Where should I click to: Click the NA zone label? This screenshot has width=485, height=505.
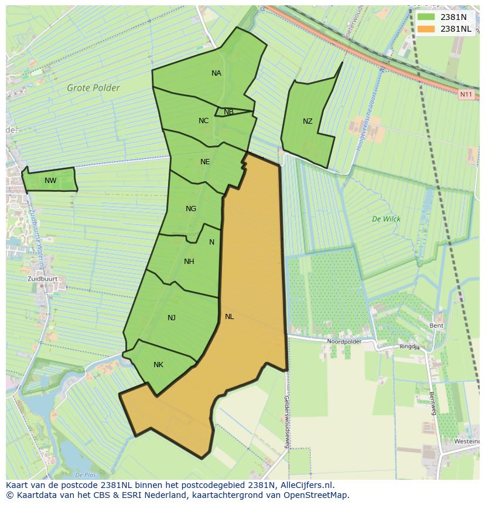(216, 73)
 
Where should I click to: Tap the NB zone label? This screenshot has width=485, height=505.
(228, 112)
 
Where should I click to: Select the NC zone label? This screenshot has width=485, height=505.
(203, 121)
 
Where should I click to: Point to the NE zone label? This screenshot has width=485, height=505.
(205, 162)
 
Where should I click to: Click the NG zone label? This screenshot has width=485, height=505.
(191, 209)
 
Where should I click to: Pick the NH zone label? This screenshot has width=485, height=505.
(189, 262)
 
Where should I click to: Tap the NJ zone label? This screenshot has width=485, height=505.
(172, 318)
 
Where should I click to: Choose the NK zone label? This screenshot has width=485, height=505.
(158, 365)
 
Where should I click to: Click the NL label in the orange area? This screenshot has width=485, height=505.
(229, 317)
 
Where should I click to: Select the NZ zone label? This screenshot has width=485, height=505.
(308, 121)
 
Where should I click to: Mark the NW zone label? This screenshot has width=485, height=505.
(50, 181)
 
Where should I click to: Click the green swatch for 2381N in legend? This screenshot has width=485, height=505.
(426, 17)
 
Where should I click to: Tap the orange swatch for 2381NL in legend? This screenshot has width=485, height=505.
(426, 29)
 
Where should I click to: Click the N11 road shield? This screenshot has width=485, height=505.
(466, 94)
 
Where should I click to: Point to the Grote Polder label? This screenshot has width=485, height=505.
(93, 88)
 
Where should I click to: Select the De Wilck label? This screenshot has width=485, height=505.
(386, 219)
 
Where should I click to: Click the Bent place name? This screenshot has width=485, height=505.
(436, 326)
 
